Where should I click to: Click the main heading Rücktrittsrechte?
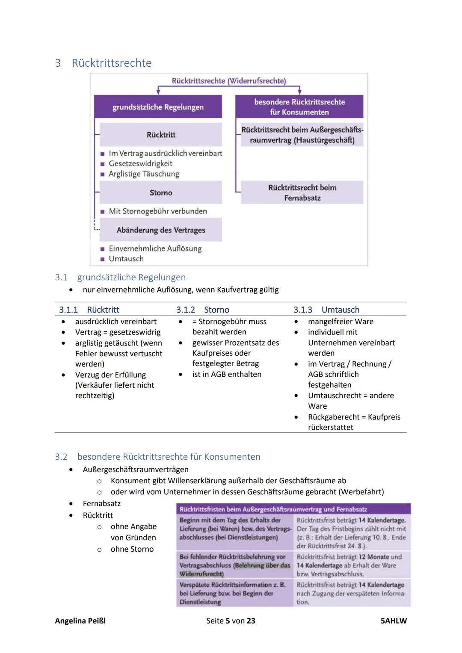111,63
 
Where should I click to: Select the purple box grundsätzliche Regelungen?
158,107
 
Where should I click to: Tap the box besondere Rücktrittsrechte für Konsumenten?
299,107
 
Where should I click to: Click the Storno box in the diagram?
161,193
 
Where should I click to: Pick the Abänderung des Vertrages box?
161,230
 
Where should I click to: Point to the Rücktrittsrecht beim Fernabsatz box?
302,192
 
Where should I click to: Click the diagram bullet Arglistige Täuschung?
144,174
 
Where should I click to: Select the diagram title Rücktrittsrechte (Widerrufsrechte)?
229,81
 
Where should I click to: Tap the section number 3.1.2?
186,310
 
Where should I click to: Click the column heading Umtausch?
340,310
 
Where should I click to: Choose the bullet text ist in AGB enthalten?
227,374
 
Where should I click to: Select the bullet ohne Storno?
132,549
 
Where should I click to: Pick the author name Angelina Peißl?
80,620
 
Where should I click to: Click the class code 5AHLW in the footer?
394,620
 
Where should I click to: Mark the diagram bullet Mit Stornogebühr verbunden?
157,211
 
